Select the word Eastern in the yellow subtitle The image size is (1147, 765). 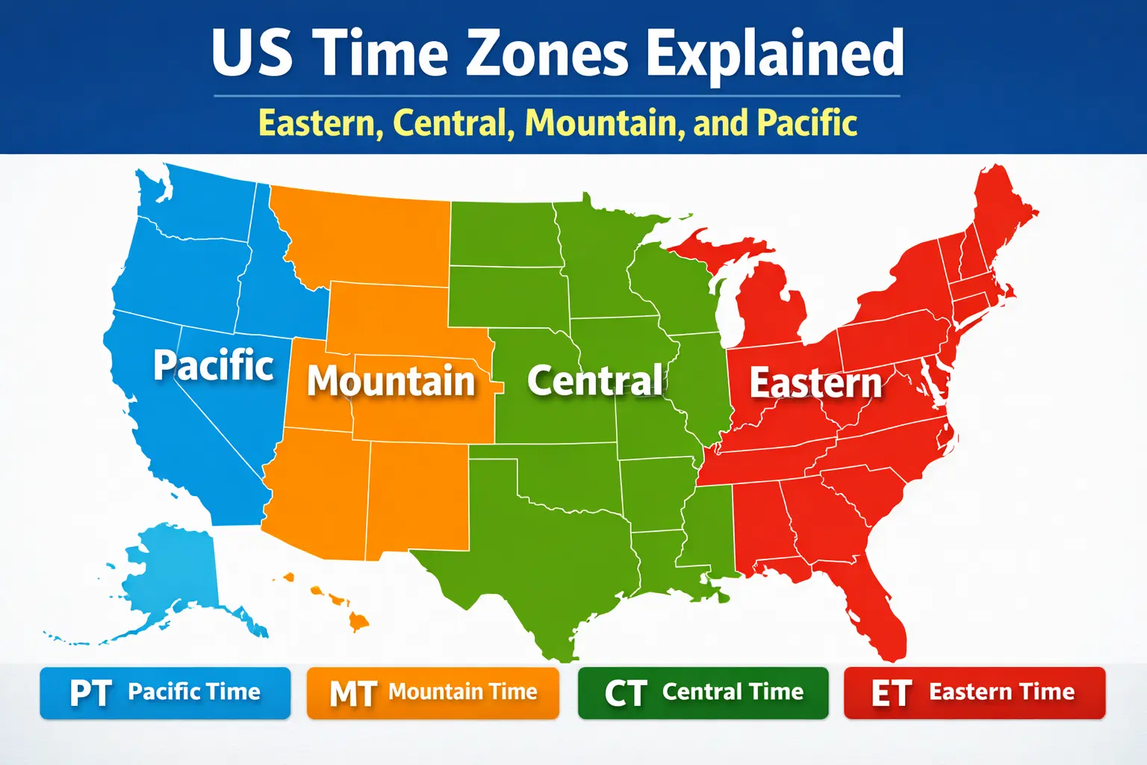click(x=320, y=123)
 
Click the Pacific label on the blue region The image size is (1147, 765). click(x=214, y=365)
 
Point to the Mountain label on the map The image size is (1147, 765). click(x=391, y=381)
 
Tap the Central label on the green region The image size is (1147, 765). click(x=595, y=380)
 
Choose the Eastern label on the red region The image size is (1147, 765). click(x=815, y=382)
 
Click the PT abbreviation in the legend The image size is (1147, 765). click(x=90, y=693)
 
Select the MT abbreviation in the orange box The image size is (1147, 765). click(x=352, y=693)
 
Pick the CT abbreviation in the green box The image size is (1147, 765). click(x=625, y=693)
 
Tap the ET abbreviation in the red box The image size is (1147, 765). click(x=891, y=693)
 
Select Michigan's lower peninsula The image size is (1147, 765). click(x=773, y=306)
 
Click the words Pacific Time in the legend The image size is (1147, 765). click(x=194, y=692)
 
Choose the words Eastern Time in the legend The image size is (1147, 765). click(x=1001, y=692)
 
